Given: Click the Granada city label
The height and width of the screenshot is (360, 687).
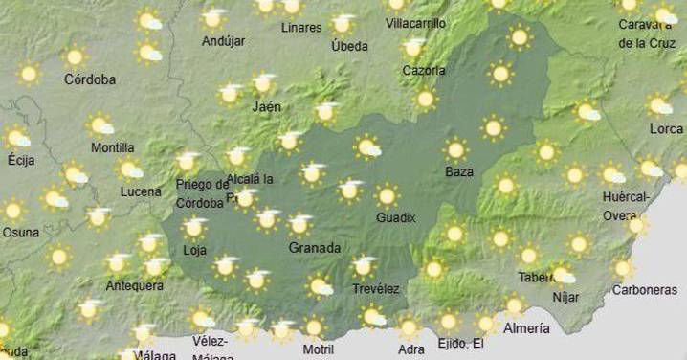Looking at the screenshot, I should point(314,248).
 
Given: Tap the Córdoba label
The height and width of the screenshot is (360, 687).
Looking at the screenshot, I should point(90,80).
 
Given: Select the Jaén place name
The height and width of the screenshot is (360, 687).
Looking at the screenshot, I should point(266,107).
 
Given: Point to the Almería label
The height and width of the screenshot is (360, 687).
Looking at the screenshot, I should point(526,328).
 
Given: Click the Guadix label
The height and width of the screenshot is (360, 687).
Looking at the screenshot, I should point(395,217).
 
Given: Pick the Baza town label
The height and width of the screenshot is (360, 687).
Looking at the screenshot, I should point(459,172).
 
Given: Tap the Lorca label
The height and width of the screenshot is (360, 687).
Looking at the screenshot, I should point(666,128).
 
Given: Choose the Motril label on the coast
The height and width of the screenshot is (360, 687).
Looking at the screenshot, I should point(318,349).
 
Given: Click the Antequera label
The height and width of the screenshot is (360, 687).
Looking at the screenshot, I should point(135,284).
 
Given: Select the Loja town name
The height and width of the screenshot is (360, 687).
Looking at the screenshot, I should point(194,251).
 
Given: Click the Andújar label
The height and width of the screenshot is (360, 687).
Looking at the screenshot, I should point(225,41).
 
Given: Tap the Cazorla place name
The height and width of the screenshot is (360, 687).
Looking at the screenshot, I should point(423,70).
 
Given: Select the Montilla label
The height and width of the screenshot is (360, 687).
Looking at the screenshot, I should point(112,147).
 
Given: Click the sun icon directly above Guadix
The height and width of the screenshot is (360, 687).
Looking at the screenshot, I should point(387,196).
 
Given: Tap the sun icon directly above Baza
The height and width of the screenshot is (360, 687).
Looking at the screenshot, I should point(456,149).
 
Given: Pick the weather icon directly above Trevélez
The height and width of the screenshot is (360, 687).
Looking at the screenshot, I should point(364,265).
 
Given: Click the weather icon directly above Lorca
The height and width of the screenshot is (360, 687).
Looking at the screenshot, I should point(659,105).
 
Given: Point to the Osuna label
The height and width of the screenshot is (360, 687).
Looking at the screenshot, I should point(21,232).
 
